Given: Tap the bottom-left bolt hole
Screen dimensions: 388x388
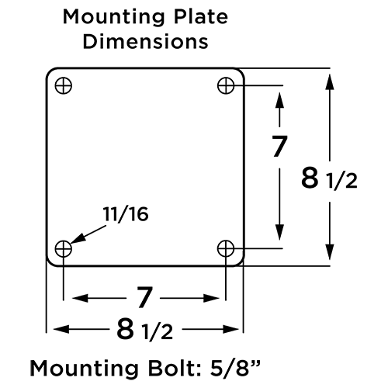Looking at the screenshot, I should tap(64, 248).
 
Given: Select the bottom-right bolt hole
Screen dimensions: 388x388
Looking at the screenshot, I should tap(227, 248).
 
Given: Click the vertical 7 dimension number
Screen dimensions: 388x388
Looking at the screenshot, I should tap(280, 146).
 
